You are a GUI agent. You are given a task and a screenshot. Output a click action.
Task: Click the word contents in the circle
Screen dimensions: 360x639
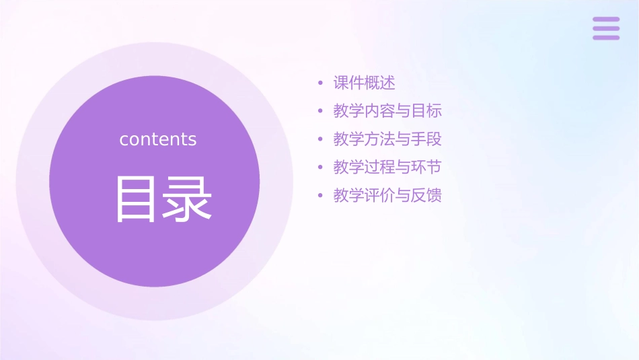(158, 139)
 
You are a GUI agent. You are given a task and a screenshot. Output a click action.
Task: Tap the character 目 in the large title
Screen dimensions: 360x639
(136, 199)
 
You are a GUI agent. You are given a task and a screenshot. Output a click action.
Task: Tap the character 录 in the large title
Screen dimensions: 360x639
(188, 199)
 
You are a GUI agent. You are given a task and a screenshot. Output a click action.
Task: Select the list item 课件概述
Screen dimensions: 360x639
(364, 83)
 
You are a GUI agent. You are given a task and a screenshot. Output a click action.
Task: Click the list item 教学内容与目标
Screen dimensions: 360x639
(387, 111)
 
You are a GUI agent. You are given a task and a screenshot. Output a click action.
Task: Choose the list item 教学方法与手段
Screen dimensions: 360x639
(387, 139)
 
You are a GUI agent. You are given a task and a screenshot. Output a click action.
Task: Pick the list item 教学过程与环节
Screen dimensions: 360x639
(387, 167)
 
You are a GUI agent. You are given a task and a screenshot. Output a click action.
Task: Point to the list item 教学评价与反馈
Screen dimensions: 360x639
(387, 195)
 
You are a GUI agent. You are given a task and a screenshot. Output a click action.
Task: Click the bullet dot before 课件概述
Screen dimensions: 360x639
(321, 83)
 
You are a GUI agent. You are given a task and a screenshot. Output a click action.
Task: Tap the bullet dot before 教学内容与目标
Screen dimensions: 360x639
(321, 112)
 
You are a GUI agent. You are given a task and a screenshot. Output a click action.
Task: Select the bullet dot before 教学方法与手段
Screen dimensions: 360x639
(321, 140)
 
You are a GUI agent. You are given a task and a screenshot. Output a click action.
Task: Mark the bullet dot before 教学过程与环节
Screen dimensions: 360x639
(321, 168)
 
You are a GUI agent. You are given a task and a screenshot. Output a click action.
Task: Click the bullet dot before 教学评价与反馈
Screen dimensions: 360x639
(321, 196)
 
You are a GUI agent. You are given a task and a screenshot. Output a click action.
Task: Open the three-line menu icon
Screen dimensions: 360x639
(606, 28)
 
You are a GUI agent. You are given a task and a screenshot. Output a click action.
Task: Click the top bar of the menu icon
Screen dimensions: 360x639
(606, 19)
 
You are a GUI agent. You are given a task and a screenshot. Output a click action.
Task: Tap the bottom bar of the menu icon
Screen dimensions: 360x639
(606, 38)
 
